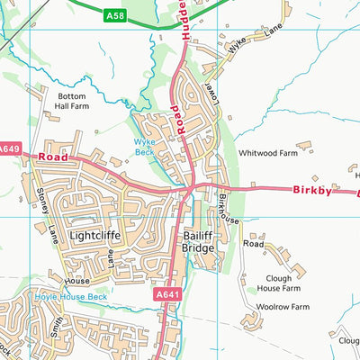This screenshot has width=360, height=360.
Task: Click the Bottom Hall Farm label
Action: pyautogui.click(x=74, y=100)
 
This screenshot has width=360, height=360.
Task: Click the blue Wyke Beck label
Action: pyautogui.click(x=145, y=146)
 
